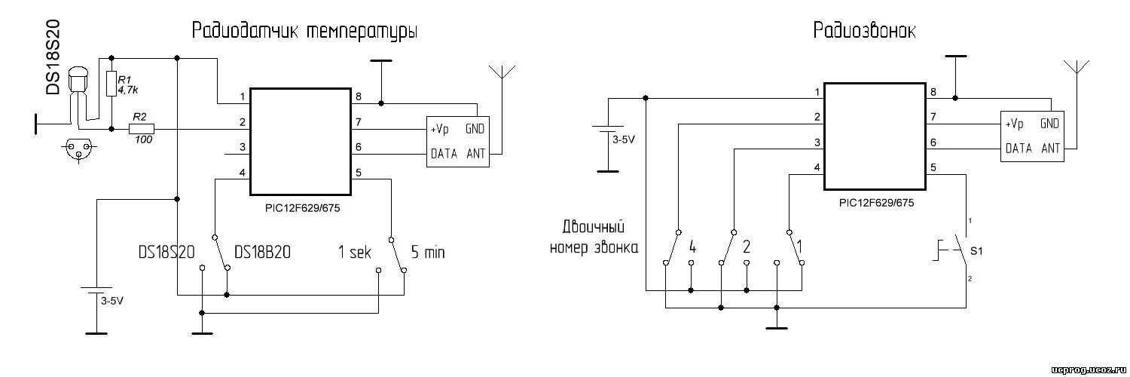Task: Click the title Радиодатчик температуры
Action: click(304, 32)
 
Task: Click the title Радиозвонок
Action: click(865, 31)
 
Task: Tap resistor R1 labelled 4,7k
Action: click(111, 84)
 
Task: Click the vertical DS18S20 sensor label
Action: click(53, 58)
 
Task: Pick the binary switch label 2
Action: click(747, 247)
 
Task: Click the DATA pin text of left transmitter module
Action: click(444, 155)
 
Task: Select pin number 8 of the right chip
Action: click(933, 93)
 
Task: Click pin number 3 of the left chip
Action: click(242, 148)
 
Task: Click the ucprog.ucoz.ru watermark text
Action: click(1085, 368)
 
